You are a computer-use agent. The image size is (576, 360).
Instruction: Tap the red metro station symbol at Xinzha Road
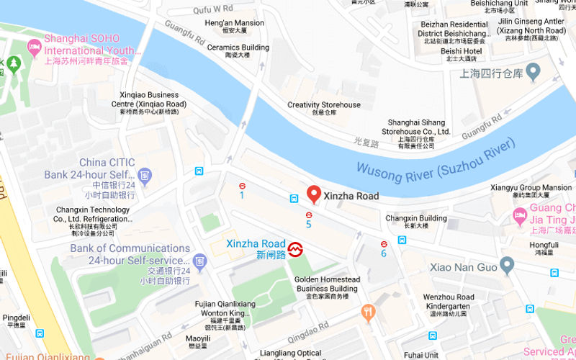point(295,250)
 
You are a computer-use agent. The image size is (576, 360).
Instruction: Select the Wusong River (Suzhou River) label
point(437,162)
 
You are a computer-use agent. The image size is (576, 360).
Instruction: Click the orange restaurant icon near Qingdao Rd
point(368,312)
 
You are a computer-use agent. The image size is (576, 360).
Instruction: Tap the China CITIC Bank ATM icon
point(145,174)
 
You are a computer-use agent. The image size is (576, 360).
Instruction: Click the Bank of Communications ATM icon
point(200,260)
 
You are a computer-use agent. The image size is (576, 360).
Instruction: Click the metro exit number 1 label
point(242,195)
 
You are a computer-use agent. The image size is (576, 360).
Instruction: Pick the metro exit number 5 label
point(308,225)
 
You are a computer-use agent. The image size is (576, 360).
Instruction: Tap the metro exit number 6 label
point(384,253)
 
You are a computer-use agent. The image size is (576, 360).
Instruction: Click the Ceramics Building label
point(238,48)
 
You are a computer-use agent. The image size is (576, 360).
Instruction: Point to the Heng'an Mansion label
point(234,23)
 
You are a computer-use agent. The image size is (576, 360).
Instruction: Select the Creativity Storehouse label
point(324,105)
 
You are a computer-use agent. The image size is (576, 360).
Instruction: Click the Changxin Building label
point(416,218)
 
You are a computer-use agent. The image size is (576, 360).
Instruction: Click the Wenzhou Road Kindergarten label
point(448,301)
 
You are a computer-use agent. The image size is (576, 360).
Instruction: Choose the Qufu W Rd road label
point(214,9)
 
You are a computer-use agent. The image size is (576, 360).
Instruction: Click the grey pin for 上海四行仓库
point(533,71)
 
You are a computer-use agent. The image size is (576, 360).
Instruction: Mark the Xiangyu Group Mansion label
point(531,188)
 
